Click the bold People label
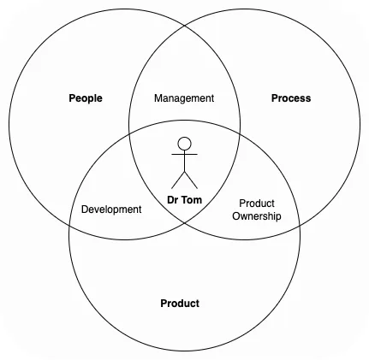86,98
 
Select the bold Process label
291,98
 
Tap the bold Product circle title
180,304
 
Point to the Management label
184,98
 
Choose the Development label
111,210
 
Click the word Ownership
257,216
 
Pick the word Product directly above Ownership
257,204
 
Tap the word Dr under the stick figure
172,200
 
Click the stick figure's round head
184,144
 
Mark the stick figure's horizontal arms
184,154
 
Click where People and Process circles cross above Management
185,26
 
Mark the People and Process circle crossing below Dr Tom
184,223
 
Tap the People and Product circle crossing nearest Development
69,224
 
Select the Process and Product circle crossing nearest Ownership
300,225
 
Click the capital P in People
72,98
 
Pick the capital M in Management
158,98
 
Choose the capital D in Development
85,210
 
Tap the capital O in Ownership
236,215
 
